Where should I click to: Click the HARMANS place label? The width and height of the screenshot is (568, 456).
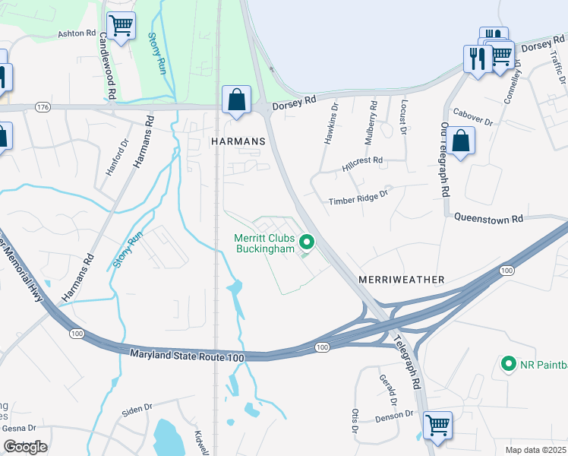(238, 142)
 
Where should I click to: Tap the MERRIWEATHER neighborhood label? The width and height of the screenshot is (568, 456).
(407, 280)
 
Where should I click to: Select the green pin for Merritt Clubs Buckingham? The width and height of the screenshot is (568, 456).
(307, 242)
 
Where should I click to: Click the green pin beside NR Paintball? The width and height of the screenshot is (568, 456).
(509, 364)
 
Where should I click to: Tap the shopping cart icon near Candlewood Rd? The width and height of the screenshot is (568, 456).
(121, 26)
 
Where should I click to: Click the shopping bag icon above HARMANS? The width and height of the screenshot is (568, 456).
(237, 99)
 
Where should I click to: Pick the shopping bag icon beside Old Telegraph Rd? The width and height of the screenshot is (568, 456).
(460, 141)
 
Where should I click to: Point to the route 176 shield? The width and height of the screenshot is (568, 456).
(43, 108)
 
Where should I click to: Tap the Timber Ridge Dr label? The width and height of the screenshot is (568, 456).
(358, 201)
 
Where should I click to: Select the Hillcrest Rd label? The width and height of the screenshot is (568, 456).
(362, 162)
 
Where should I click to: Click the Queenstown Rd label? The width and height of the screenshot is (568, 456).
(489, 218)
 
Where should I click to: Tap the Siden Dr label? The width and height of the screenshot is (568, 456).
(137, 410)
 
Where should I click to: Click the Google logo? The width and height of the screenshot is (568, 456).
(26, 447)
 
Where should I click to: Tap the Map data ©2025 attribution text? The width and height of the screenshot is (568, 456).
(535, 450)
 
